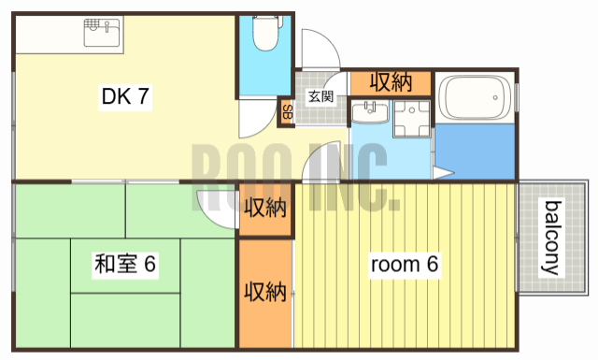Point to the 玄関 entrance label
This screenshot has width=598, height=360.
pyautogui.click(x=320, y=95)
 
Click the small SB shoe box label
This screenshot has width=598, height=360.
pyautogui.click(x=286, y=112)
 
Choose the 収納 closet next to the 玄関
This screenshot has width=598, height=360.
pyautogui.click(x=391, y=82)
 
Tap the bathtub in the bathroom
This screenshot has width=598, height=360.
pyautogui.click(x=475, y=96)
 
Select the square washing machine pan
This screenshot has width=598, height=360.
pyautogui.click(x=410, y=122)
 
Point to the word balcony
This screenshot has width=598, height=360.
pyautogui.click(x=553, y=238)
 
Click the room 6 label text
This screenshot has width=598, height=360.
pyautogui.click(x=404, y=265)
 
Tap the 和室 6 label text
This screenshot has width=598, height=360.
pyautogui.click(x=123, y=265)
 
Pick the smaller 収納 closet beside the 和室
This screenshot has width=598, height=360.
pyautogui.click(x=264, y=208)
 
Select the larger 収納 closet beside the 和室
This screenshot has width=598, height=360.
pyautogui.click(x=264, y=292)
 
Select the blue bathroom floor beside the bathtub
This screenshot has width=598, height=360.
pyautogui.click(x=475, y=148)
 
